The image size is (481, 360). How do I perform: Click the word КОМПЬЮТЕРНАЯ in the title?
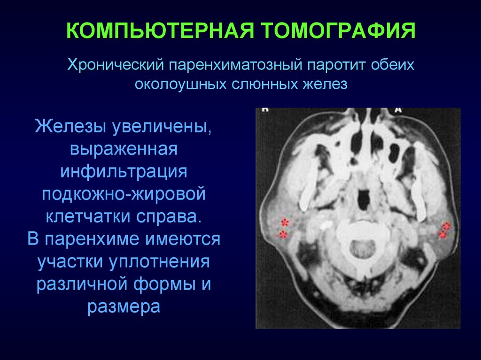pos(160,31)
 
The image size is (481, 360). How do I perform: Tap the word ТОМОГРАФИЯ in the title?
pos(339,31)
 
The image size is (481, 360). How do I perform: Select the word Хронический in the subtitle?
pos(115,65)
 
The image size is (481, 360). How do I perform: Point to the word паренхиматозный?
pos(236,65)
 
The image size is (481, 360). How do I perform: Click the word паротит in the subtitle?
pos(336,65)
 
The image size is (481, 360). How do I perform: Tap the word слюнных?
pos(264,84)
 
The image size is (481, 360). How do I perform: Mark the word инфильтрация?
pos(124,171)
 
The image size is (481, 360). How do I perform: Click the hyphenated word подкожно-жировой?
pos(124,193)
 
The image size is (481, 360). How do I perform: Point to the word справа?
pos(169,216)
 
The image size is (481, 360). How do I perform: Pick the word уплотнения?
pos(160,261)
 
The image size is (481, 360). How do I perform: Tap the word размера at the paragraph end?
pos(124,306)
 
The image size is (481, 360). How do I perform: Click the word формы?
pos(164,283)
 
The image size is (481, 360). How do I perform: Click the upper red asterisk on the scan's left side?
pos(285,222)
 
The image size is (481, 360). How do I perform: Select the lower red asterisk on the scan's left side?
pos(283,235)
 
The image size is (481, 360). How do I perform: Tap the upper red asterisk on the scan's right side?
pos(446,226)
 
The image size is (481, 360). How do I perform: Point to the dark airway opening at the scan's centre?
pos(364,199)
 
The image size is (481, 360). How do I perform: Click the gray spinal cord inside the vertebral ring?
pos(364,248)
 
